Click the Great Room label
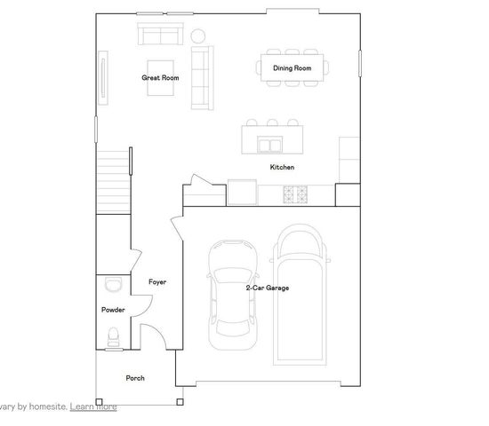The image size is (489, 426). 160,78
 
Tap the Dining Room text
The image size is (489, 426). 292,68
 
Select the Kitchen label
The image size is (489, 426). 282,167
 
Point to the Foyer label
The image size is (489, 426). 157,282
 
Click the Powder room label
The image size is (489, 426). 113,310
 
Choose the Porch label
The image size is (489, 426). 135,378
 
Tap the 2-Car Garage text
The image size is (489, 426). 267,288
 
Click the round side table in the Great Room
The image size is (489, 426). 198,35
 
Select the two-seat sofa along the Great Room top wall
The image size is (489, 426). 159,35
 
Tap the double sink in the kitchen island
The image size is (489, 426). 270,143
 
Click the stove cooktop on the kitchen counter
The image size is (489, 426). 295,192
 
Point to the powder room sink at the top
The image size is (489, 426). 111,284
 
